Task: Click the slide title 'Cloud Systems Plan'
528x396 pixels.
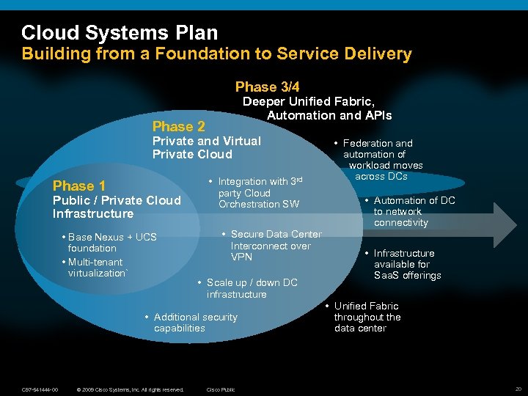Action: click(x=120, y=33)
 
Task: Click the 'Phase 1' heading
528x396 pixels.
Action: click(x=79, y=186)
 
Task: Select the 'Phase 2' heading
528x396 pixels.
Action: click(x=178, y=126)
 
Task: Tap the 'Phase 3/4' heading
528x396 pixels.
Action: click(x=267, y=87)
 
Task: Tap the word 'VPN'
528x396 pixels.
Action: click(x=241, y=257)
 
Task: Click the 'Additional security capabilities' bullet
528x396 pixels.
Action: click(x=194, y=323)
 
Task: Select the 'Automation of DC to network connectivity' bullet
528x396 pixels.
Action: click(x=414, y=211)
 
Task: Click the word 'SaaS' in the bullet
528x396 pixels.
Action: click(x=386, y=275)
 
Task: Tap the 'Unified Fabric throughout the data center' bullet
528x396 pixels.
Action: click(x=367, y=317)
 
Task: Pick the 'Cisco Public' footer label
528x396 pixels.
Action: click(x=221, y=389)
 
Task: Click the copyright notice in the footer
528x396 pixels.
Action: click(x=130, y=389)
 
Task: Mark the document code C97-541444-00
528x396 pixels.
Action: click(x=40, y=389)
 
